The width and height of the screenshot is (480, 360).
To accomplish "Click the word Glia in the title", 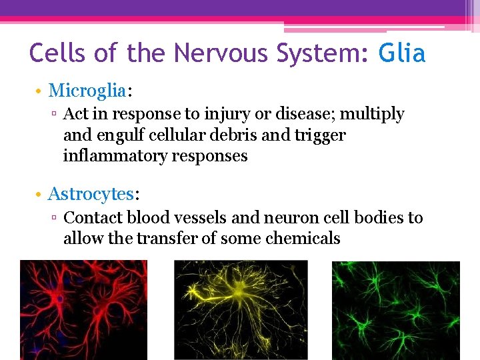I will tap(401, 53).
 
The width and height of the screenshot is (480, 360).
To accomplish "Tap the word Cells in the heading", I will tap(59, 53).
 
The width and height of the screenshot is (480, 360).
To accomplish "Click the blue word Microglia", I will tap(87, 90).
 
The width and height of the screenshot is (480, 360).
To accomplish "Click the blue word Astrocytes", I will tap(91, 194).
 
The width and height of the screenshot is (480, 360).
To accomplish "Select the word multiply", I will tap(372, 115).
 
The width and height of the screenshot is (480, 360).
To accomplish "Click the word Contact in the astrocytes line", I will tap(93, 218).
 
